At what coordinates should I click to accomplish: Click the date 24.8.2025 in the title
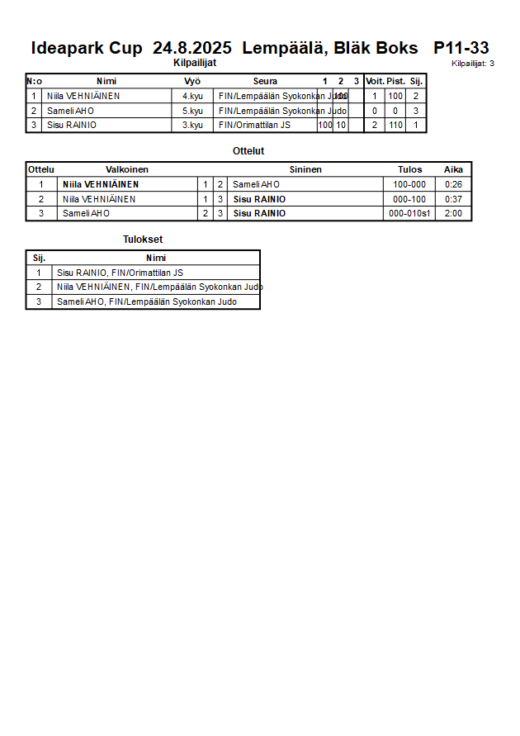pos(192,48)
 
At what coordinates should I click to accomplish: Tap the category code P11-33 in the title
pos(461,48)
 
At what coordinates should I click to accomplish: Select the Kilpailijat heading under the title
pos(195,63)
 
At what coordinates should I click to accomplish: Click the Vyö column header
pos(192,81)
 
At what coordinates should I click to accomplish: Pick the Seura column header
pos(265,81)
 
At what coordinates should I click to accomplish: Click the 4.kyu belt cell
pos(192,96)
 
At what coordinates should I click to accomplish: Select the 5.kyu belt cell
pos(192,111)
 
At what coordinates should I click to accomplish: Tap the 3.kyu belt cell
pos(192,126)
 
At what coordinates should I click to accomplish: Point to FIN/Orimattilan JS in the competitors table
pos(254,126)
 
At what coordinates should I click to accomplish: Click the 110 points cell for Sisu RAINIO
pos(395,126)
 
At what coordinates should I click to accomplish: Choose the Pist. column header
pos(395,81)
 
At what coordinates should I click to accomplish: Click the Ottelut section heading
pos(248,151)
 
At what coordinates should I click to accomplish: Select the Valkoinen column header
pos(127,169)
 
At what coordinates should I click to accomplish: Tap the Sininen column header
pos(305,169)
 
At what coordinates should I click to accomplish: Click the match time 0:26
pos(453,184)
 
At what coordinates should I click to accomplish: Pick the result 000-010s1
pos(409,213)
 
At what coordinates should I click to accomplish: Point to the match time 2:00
pos(453,213)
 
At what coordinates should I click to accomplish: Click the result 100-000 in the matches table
pos(409,184)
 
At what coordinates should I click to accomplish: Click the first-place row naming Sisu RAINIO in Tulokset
pos(120,273)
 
